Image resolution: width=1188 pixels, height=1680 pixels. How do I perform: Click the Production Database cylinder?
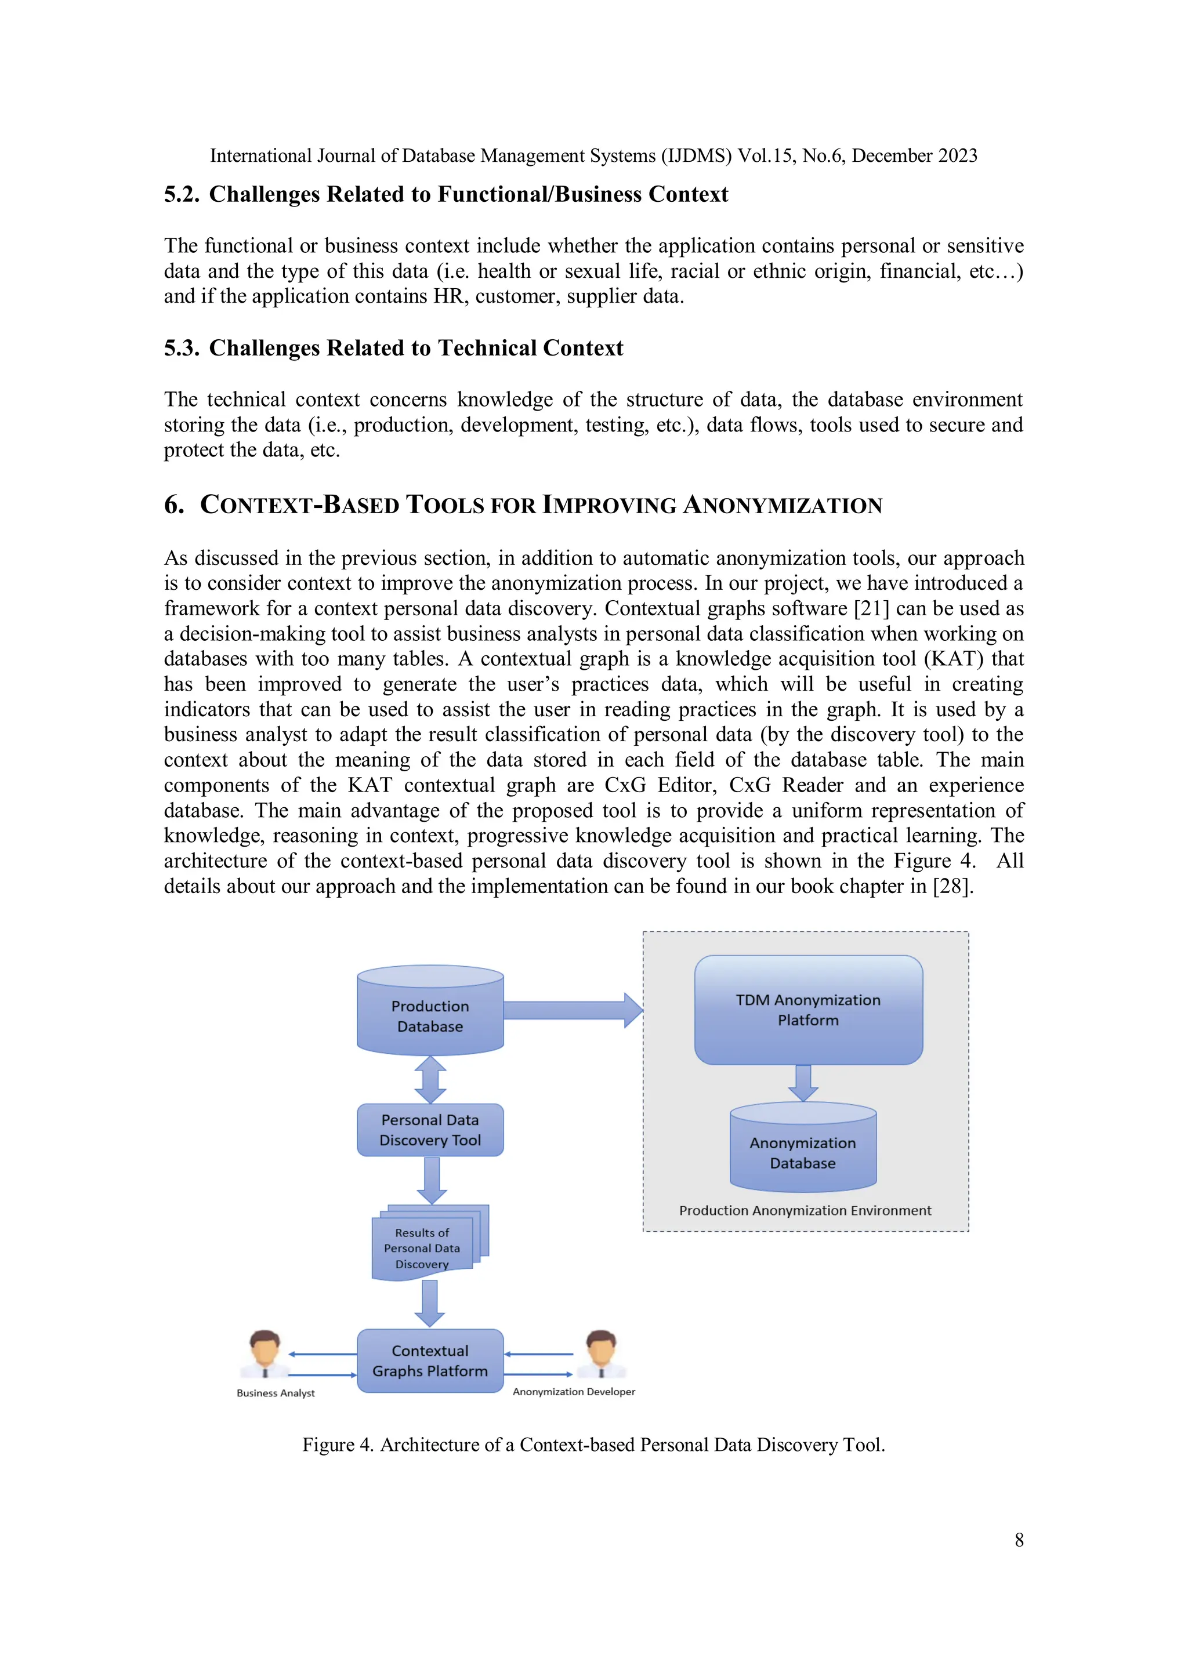point(430,1014)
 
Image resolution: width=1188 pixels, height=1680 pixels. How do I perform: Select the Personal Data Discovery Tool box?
point(430,1130)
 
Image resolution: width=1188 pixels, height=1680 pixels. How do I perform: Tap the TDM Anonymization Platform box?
point(808,1010)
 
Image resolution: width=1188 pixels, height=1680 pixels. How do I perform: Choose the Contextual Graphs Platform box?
point(430,1361)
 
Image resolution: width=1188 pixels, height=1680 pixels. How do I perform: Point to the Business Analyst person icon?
point(265,1355)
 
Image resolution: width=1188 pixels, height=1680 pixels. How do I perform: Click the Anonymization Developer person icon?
point(601,1355)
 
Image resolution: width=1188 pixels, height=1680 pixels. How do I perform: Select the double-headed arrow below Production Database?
point(430,1079)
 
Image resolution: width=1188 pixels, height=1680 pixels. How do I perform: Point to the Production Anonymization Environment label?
point(805,1211)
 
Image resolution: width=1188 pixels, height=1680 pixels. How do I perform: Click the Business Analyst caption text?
point(275,1393)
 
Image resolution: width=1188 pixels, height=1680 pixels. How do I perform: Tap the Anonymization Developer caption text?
point(573,1392)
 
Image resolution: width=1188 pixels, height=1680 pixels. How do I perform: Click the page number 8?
point(1018,1540)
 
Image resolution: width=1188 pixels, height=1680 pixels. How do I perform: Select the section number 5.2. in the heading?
point(182,195)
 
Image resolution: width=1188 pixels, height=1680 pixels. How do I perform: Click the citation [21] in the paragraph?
point(871,609)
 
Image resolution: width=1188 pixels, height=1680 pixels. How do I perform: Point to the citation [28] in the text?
point(950,887)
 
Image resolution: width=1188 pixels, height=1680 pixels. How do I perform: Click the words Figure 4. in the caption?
point(338,1445)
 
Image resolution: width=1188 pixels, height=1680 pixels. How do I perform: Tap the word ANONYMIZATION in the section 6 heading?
point(783,506)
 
